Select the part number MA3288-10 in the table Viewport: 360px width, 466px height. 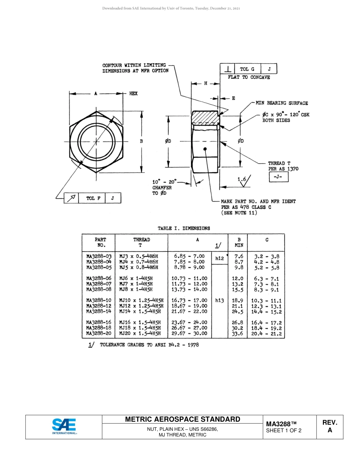(99, 300)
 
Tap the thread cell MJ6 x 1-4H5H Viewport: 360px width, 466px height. (136, 278)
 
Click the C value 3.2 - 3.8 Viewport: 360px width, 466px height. (267, 256)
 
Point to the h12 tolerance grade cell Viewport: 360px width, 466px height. (219, 258)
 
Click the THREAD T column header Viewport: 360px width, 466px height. (141, 242)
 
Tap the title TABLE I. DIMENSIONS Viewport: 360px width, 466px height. (184, 228)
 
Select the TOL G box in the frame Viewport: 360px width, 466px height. (244, 69)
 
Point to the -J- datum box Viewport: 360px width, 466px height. (279, 177)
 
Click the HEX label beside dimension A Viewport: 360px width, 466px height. (133, 93)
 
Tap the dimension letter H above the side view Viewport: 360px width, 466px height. (205, 83)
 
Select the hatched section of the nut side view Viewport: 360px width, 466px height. (205, 117)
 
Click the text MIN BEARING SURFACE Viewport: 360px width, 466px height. (282, 103)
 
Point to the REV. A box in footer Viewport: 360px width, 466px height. (330, 427)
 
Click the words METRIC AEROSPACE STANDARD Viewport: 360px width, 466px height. (182, 419)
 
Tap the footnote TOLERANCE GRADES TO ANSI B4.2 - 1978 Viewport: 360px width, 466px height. (149, 345)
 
